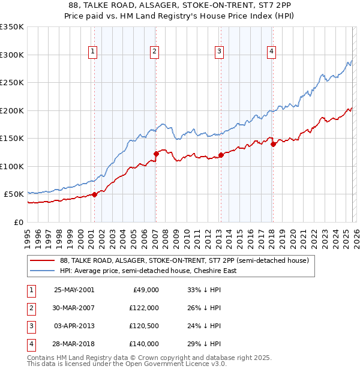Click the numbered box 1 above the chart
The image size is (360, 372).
94,52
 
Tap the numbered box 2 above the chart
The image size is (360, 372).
155,52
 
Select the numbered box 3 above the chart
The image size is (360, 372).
219,52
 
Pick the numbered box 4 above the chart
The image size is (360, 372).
272,52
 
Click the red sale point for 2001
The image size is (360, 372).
94,194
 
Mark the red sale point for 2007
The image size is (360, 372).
156,154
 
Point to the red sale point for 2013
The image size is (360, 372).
220,155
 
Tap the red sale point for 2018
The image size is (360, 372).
273,144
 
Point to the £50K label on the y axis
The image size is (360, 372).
14,194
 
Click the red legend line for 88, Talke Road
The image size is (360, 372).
43,260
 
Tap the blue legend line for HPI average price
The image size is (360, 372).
43,271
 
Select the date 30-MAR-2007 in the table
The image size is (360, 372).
74,308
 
